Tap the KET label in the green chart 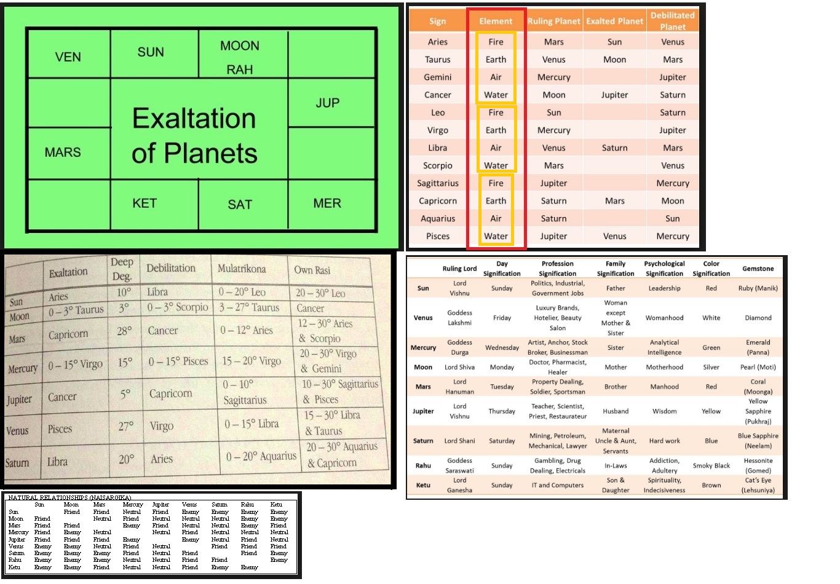pos(145,203)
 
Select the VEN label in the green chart pos(68,57)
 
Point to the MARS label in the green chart pos(63,152)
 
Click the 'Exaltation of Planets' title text pos(194,135)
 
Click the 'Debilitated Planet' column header pos(673,21)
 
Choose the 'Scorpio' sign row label pos(437,165)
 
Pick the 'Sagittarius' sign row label pos(437,183)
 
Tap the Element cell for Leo pos(496,112)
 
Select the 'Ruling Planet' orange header pos(553,21)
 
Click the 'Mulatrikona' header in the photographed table pos(242,269)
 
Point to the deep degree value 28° pos(124,331)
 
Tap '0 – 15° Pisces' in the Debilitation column pos(178,361)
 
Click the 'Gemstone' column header pos(758,269)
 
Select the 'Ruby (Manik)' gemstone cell pos(758,288)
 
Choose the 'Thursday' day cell pos(502,411)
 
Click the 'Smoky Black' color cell pos(711,465)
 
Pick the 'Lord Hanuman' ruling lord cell pos(459,387)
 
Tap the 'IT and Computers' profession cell pos(557,485)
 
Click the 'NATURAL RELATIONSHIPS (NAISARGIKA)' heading pos(69,497)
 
